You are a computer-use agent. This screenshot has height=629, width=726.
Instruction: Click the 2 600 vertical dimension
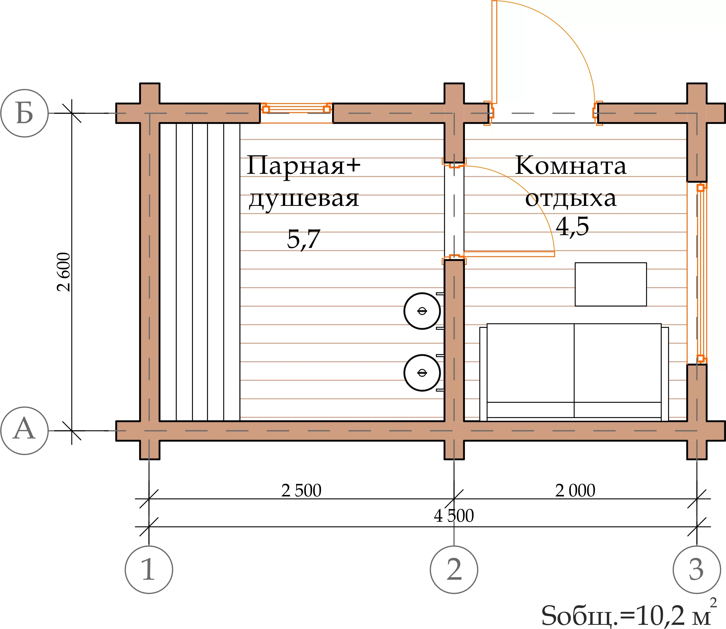click(64, 272)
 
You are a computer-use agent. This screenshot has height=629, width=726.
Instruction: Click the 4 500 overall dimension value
click(454, 516)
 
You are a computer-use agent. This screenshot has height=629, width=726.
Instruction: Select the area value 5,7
click(304, 239)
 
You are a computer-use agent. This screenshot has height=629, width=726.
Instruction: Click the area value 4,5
click(572, 226)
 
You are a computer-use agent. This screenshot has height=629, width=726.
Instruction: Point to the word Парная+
click(304, 166)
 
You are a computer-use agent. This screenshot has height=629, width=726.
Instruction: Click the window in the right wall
click(697, 273)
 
